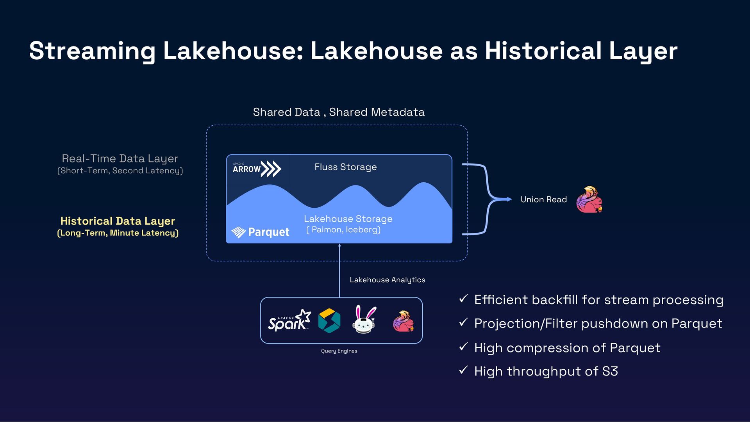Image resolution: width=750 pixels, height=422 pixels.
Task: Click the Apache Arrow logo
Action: click(x=257, y=169)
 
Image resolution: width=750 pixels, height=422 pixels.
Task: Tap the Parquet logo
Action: click(x=260, y=232)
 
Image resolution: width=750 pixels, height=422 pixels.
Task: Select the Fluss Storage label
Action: click(x=345, y=167)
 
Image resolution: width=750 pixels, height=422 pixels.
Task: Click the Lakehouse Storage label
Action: click(x=348, y=219)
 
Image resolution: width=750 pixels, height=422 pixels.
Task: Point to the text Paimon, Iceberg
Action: click(x=343, y=230)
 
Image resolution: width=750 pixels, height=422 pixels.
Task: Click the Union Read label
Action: click(x=543, y=199)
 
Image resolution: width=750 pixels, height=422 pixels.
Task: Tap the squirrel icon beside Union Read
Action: click(x=589, y=199)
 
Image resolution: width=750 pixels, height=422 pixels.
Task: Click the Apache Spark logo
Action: click(x=289, y=321)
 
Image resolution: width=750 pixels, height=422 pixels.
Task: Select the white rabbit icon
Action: click(x=364, y=320)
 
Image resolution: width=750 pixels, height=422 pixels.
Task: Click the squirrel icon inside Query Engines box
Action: click(x=403, y=321)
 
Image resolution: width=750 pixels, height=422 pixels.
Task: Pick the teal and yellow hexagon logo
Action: click(x=329, y=321)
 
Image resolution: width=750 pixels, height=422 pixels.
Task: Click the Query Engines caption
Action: click(x=339, y=351)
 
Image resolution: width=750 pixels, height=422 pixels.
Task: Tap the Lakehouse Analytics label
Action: click(x=387, y=280)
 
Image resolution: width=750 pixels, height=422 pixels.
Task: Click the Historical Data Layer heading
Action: click(x=118, y=221)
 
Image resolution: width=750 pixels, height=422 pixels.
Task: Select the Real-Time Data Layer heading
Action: click(x=120, y=158)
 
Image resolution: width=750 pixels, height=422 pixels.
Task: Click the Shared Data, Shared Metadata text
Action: click(x=339, y=112)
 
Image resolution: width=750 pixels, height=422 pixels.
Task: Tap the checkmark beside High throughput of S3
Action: click(x=463, y=370)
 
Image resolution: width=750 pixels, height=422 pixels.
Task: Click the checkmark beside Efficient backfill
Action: click(x=463, y=299)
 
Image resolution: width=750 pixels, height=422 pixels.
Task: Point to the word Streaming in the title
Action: click(x=92, y=51)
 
